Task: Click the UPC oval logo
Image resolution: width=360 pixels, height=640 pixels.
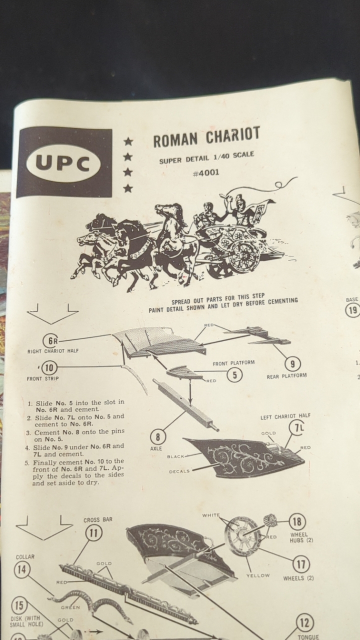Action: tap(63, 165)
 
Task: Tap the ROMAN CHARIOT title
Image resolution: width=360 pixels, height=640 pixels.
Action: tap(206, 137)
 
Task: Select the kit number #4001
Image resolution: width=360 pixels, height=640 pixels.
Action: tap(206, 172)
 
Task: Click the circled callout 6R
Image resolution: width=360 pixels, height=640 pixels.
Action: tap(50, 341)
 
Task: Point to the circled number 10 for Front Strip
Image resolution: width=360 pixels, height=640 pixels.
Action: tap(49, 367)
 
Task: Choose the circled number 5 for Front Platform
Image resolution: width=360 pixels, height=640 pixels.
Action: tap(235, 375)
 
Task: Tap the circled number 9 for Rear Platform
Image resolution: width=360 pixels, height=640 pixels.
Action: tap(292, 363)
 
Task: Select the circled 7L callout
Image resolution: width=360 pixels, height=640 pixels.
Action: tap(297, 427)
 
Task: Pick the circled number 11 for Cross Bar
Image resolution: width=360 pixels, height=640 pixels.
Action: tap(94, 533)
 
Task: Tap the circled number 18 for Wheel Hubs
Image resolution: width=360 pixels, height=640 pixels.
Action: tap(297, 521)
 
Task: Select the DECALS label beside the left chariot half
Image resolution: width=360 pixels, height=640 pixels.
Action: tap(179, 471)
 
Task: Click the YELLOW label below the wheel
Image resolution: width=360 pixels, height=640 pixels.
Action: tap(257, 575)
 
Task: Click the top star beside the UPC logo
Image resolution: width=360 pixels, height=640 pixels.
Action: tap(128, 141)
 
